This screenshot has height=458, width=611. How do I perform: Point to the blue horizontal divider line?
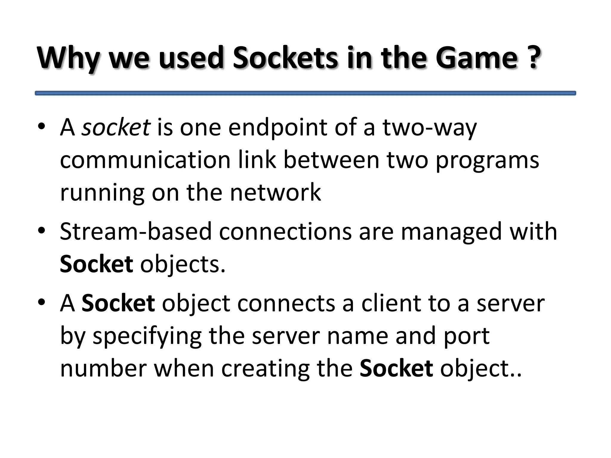point(305,93)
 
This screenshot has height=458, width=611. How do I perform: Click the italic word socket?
point(116,127)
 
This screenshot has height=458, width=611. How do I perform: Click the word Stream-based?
point(135,232)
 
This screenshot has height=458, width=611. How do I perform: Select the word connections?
point(285,232)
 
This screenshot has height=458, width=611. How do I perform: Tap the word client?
point(391,303)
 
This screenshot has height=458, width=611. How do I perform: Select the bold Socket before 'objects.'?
point(96,264)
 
